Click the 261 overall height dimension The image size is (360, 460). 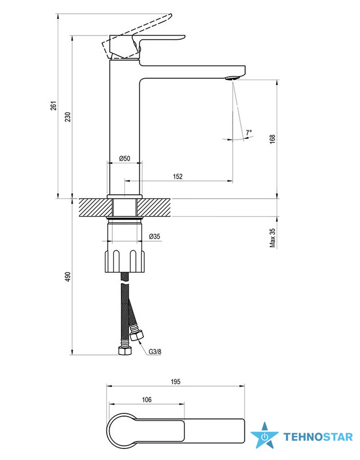pos(53,106)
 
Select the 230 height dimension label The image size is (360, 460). pos(68,117)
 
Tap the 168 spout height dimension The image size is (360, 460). pos(272,139)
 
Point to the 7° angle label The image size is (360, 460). pos(249,133)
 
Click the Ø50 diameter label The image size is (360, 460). pos(124,158)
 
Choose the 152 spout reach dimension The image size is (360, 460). pos(178,176)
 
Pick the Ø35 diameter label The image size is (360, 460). pos(154,236)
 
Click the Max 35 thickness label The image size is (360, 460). pos(273,238)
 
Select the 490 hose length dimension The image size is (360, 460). pos(68,277)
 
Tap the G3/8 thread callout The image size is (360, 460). pos(155,352)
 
